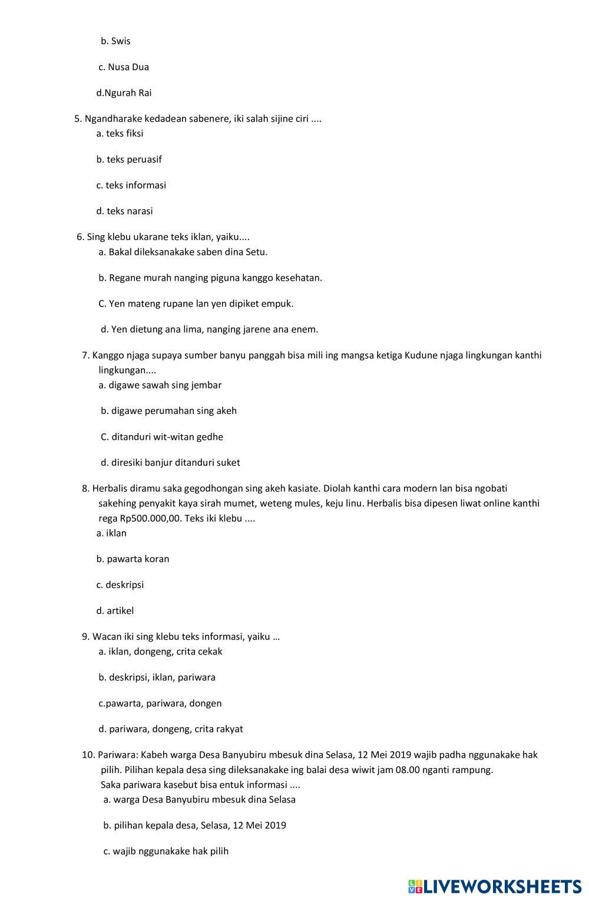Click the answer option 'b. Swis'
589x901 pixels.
[x=115, y=41]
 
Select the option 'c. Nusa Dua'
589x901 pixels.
[x=124, y=67]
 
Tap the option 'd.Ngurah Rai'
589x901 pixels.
[x=124, y=93]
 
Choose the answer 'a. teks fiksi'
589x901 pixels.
[x=120, y=133]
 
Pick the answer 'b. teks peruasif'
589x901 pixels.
[x=129, y=159]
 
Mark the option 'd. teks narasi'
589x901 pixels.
[x=124, y=211]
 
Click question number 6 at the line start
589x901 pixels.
[x=80, y=237]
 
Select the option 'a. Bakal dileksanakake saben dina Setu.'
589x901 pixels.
[x=183, y=252]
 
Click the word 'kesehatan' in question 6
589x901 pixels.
[x=298, y=278]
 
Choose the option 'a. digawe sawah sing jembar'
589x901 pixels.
[x=160, y=385]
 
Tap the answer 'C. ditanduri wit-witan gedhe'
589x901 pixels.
[x=162, y=437]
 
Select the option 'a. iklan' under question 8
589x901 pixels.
[x=111, y=533]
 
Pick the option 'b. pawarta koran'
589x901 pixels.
[x=133, y=559]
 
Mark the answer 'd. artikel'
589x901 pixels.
[x=115, y=611]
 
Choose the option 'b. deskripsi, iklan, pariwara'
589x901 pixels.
[x=157, y=678]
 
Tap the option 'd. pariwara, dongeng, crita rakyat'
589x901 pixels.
[x=171, y=729]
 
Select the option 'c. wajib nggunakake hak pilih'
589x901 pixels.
[x=166, y=851]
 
